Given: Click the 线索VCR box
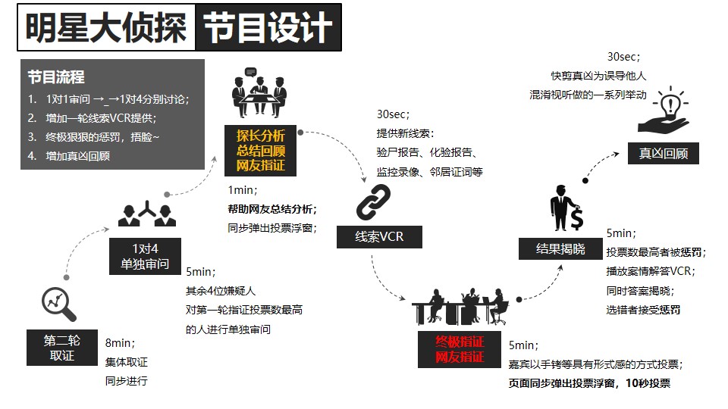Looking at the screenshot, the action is pos(379,237).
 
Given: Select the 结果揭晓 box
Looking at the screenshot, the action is pos(560,248).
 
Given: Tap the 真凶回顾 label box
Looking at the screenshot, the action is pos(663,154).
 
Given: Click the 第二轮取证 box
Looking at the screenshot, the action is pos(61,348).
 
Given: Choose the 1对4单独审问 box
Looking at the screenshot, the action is pos(145,257).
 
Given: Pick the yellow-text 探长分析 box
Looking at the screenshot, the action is pos(260,151).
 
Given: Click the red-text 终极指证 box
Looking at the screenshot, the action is pos(460,349).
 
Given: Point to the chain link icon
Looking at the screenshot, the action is pos(373,202).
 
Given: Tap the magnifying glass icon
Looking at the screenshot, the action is pos(59,304).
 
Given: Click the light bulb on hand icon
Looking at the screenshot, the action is pos(664,110).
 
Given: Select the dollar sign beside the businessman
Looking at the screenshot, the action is pos(577,218).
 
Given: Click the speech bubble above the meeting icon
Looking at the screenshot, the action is pos(251,72).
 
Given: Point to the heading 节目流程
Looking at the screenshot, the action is pos(56,77).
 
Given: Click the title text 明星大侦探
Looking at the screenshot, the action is pos(106,28).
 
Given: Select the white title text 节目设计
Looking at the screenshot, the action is pos(268,28).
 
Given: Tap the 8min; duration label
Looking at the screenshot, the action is pos(120,343).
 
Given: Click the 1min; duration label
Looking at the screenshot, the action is pos(243,190).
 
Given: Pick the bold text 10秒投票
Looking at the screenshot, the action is pos(648,383).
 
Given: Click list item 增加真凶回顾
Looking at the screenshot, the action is pos(77,156).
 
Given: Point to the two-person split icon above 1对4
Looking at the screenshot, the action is pos(147,214).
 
